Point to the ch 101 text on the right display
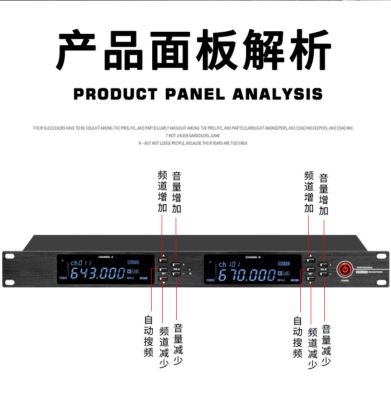(x=229, y=265)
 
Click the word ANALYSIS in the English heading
(x=277, y=94)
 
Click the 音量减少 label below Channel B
(x=327, y=346)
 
